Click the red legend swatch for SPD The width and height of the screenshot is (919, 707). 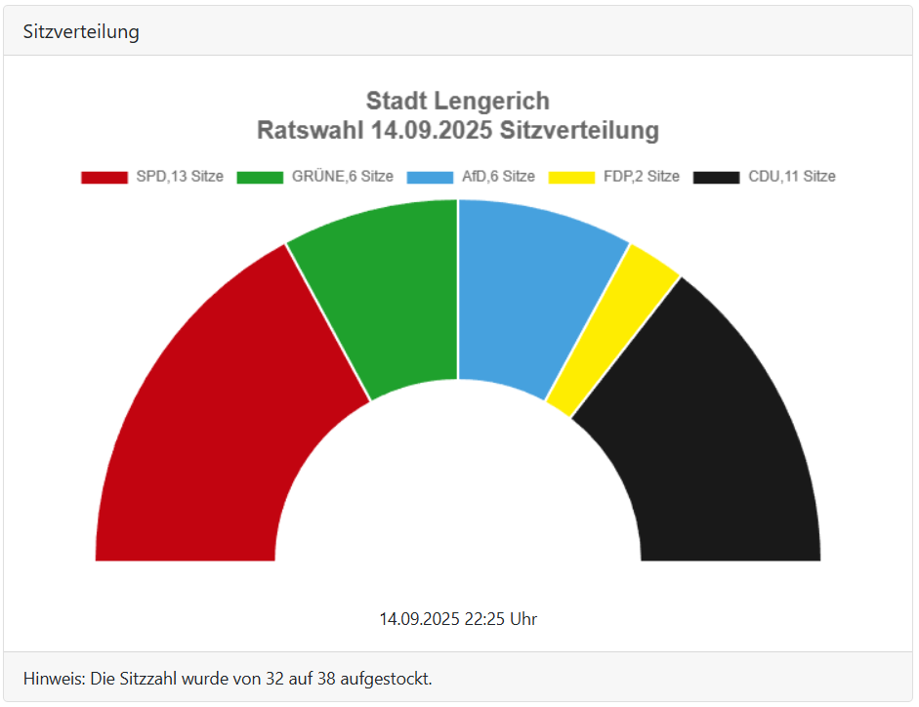(104, 177)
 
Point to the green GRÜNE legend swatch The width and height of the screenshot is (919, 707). (260, 177)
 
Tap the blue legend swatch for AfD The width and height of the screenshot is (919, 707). (430, 177)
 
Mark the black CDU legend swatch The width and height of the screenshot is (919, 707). (717, 177)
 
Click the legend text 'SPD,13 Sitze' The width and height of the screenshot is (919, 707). (180, 177)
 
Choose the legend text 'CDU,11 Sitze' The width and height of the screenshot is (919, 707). (792, 177)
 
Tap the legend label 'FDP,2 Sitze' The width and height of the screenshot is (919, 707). (642, 177)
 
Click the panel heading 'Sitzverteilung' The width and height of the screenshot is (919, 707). (81, 31)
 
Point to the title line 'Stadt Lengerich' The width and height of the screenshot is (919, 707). (458, 101)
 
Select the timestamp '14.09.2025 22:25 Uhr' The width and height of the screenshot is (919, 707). (458, 619)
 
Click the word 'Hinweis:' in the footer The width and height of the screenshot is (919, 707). (54, 678)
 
